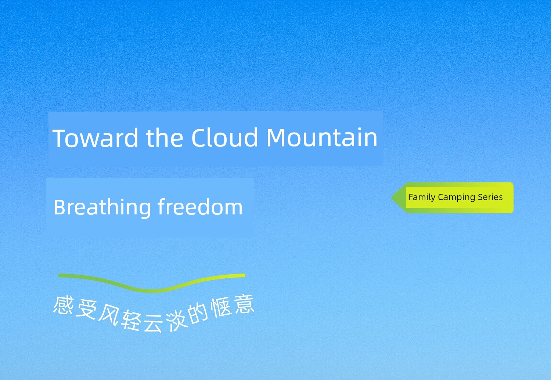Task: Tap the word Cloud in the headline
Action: tap(225, 137)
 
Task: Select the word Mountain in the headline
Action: tap(322, 137)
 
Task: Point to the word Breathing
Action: tap(102, 208)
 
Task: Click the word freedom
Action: tap(200, 207)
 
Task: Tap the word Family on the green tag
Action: tap(422, 198)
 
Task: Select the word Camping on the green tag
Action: tap(457, 198)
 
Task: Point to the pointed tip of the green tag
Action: tap(392, 198)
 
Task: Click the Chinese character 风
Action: tap(109, 316)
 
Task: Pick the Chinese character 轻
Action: tap(132, 320)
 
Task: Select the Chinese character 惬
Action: tap(221, 308)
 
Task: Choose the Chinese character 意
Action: tap(244, 304)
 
